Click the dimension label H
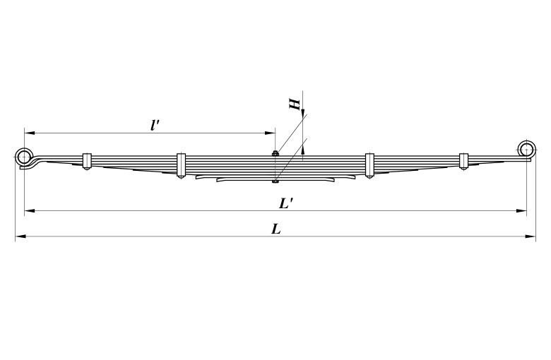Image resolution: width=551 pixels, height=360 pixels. (x=295, y=104)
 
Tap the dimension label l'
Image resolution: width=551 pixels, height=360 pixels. (x=155, y=125)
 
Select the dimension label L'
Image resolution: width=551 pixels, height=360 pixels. (x=286, y=203)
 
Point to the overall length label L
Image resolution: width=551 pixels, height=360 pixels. (x=276, y=229)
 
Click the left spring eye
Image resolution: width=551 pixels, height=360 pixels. (x=24, y=148)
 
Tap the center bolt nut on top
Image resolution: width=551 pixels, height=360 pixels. (x=275, y=153)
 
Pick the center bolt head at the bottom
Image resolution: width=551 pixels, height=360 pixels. (x=275, y=181)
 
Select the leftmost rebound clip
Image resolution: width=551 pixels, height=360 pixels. (x=87, y=161)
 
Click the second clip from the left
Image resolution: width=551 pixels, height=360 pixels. (x=181, y=165)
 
